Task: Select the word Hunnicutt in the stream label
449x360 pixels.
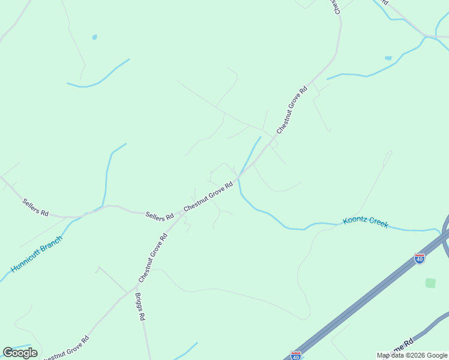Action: [x=26, y=260]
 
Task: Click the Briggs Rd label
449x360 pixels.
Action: [x=140, y=307]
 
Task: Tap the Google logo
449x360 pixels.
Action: [x=20, y=353]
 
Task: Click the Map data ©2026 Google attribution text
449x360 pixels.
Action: [x=412, y=355]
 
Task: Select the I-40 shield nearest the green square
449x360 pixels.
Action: [x=419, y=259]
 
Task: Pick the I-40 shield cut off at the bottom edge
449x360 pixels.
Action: [x=295, y=356]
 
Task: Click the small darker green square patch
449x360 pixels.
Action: [x=430, y=283]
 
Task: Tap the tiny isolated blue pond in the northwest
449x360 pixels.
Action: [x=94, y=37]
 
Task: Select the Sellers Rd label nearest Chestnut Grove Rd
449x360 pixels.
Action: [x=159, y=214]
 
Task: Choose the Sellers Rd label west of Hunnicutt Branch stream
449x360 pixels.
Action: [x=35, y=207]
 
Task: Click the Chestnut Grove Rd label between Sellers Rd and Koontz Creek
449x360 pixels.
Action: [x=208, y=197]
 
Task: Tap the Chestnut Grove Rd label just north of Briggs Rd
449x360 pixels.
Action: [x=152, y=257]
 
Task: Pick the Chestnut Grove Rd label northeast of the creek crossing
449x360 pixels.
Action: [x=292, y=109]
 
